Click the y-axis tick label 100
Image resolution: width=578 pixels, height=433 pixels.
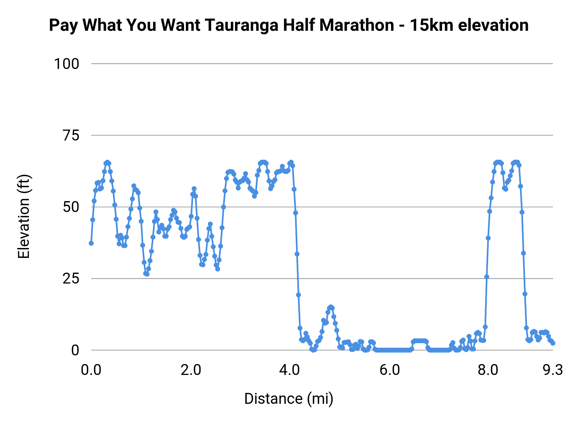click(x=66, y=64)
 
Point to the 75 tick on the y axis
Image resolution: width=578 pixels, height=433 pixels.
click(x=71, y=136)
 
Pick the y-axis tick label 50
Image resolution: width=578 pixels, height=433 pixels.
click(x=71, y=207)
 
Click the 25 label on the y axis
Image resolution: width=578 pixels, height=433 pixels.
click(x=71, y=279)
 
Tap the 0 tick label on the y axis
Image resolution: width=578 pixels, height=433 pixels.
click(x=75, y=350)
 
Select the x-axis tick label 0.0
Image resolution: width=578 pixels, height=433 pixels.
click(x=91, y=370)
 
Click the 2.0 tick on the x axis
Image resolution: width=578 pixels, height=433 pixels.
click(x=190, y=370)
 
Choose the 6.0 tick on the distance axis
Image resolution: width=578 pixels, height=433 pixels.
click(x=389, y=370)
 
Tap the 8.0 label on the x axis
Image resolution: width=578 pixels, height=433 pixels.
click(x=488, y=370)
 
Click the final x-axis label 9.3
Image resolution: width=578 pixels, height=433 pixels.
click(x=553, y=370)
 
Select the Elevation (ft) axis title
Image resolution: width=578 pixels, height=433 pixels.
click(x=24, y=216)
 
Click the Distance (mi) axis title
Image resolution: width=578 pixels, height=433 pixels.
click(x=289, y=399)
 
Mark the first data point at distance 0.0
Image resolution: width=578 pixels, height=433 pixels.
click(x=91, y=243)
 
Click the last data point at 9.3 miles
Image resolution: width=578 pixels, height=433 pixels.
click(x=553, y=343)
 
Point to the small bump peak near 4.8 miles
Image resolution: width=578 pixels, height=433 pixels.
click(x=331, y=307)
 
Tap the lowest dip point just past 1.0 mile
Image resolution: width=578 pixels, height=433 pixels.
click(x=147, y=274)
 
